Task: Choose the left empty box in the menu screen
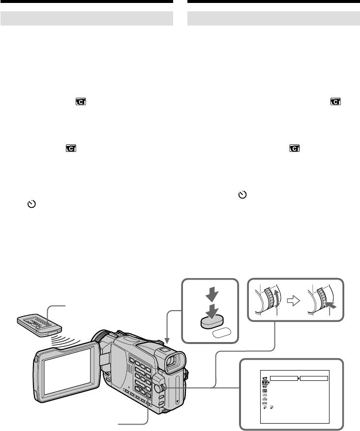pos(284,379)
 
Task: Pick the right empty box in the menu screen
pos(314,379)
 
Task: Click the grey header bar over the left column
pos(87,19)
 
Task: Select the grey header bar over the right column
pos(274,19)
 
